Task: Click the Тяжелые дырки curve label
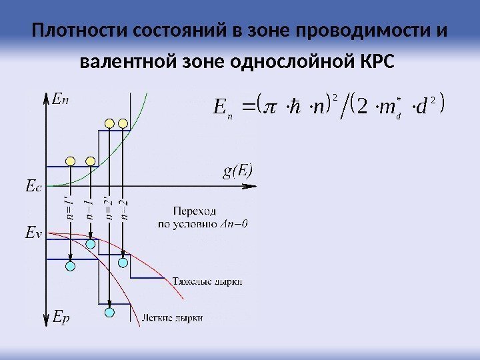207,281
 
